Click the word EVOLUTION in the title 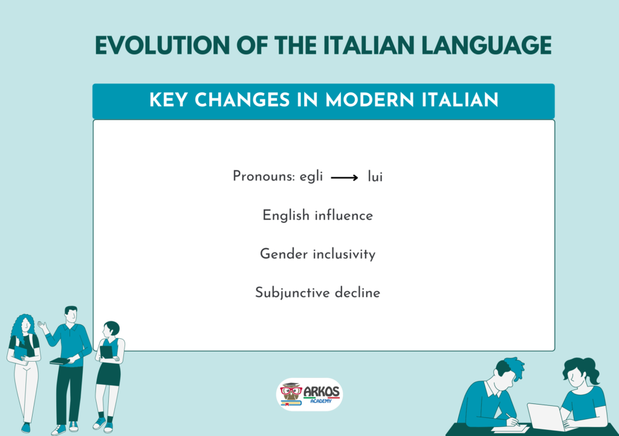pyautogui.click(x=162, y=45)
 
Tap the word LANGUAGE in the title pyautogui.click(x=487, y=45)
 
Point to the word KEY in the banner pyautogui.click(x=168, y=100)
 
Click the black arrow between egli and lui pyautogui.click(x=344, y=178)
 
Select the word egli pyautogui.click(x=311, y=176)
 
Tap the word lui pyautogui.click(x=375, y=176)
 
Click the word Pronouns pyautogui.click(x=264, y=176)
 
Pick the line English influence pyautogui.click(x=318, y=215)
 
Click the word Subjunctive pyautogui.click(x=293, y=293)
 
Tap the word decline pyautogui.click(x=357, y=292)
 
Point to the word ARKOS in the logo pyautogui.click(x=322, y=392)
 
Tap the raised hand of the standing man pyautogui.click(x=42, y=325)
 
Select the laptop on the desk pyautogui.click(x=546, y=417)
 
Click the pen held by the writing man pyautogui.click(x=513, y=420)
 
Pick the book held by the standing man pyautogui.click(x=60, y=361)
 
